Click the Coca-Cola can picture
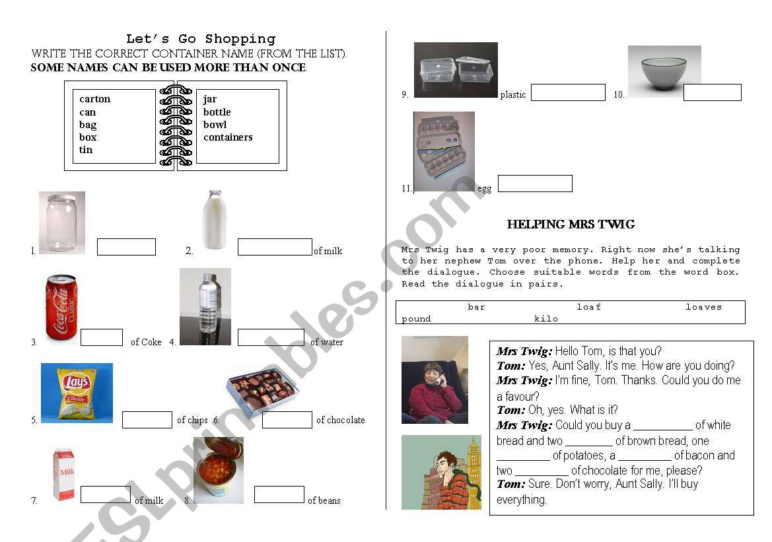pyautogui.click(x=61, y=307)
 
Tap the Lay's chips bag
pyautogui.click(x=77, y=393)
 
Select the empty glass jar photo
pyautogui.click(x=62, y=223)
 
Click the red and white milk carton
pyautogui.click(x=64, y=474)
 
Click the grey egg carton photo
pyautogui.click(x=444, y=152)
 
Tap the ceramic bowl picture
pyautogui.click(x=664, y=71)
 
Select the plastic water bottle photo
pyautogui.click(x=205, y=306)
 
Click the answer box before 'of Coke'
pyautogui.click(x=102, y=337)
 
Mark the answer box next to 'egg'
pyautogui.click(x=535, y=184)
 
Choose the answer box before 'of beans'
pyautogui.click(x=279, y=494)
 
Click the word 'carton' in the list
pyautogui.click(x=95, y=99)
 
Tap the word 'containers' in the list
pyautogui.click(x=228, y=137)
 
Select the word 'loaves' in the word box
pyautogui.click(x=703, y=307)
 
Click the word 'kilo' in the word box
pyautogui.click(x=546, y=319)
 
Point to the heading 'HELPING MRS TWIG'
pyautogui.click(x=571, y=224)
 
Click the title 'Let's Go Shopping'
pyautogui.click(x=201, y=39)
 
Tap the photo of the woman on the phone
pyautogui.click(x=435, y=380)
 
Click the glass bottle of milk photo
pyautogui.click(x=213, y=220)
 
